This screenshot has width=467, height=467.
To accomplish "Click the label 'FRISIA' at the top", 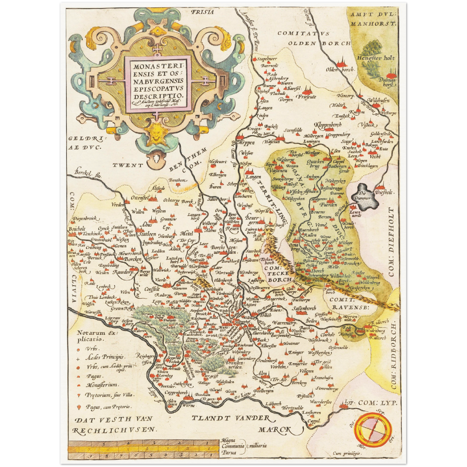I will tap(202, 12).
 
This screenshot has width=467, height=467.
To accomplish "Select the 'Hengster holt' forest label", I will tap(376, 58).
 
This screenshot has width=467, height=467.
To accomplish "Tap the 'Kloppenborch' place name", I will tap(328, 125).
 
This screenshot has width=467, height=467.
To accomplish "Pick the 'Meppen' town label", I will tap(246, 143).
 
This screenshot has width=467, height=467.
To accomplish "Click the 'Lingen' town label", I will tap(253, 177).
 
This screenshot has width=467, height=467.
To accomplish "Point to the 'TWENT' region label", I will tap(128, 165).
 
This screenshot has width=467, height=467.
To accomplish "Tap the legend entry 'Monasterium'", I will tap(102, 385).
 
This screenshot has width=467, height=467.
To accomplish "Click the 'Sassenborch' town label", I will tap(303, 309).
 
